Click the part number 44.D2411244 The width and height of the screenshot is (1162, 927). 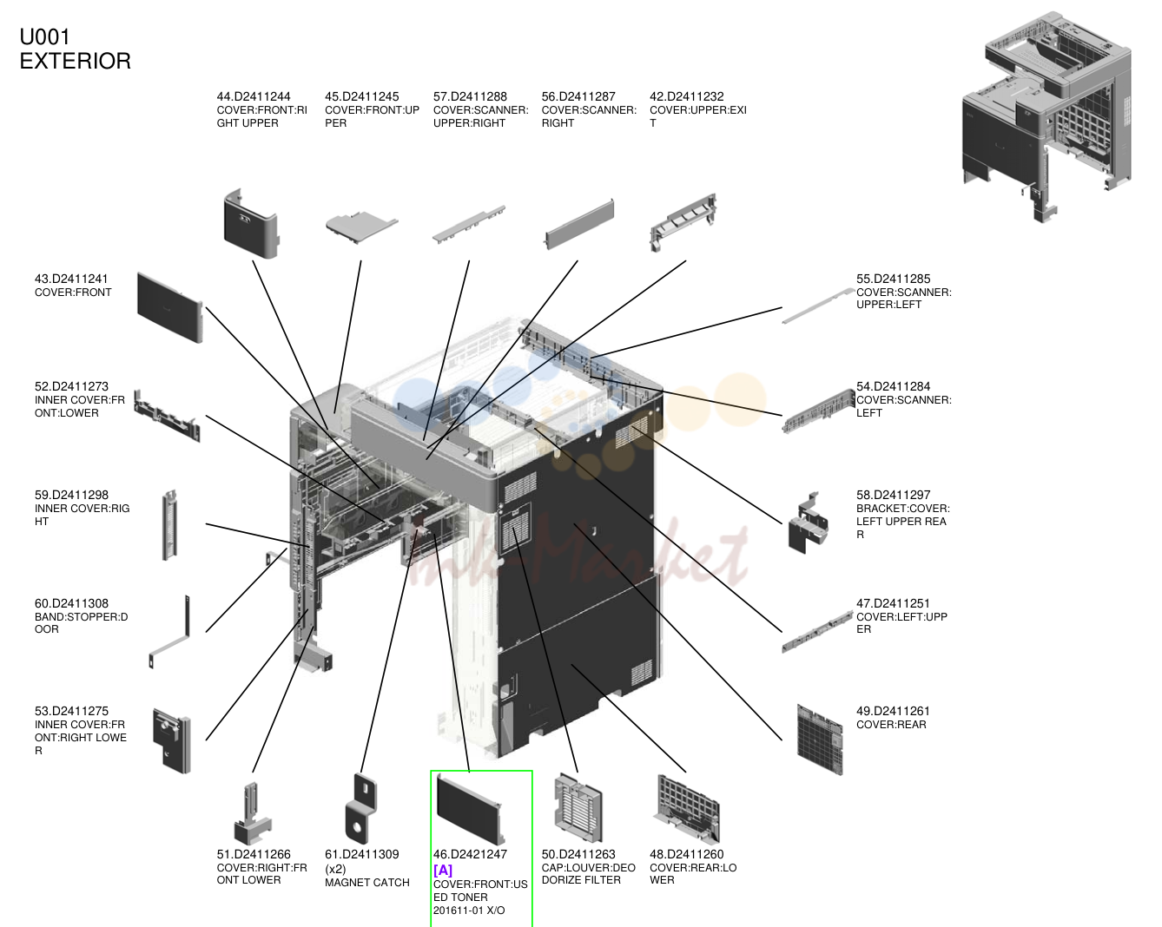click(x=254, y=96)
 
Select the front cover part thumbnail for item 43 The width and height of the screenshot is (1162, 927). click(x=169, y=307)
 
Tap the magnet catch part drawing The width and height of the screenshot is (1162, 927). click(x=360, y=809)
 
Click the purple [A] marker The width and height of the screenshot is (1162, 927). click(x=443, y=870)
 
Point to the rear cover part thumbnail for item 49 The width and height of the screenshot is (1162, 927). click(x=820, y=740)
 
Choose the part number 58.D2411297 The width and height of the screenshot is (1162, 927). click(x=893, y=495)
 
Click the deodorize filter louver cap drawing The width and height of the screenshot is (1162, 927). click(x=578, y=808)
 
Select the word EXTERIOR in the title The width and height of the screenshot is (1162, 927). click(x=75, y=61)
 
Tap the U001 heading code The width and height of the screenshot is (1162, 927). click(x=45, y=37)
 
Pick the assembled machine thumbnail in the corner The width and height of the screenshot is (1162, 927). click(x=1046, y=116)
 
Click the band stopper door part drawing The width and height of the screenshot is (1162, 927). click(x=169, y=632)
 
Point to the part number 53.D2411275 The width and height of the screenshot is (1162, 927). click(x=71, y=711)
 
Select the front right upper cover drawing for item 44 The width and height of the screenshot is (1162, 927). click(x=251, y=223)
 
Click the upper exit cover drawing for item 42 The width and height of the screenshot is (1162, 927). click(x=683, y=222)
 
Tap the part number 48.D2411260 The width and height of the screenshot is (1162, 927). click(x=686, y=854)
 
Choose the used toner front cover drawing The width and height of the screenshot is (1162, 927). click(x=470, y=809)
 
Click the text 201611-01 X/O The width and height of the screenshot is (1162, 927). click(x=469, y=911)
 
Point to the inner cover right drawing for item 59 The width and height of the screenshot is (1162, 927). click(x=169, y=524)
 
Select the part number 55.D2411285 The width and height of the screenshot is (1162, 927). click(x=893, y=279)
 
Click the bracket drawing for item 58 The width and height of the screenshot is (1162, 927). click(x=809, y=523)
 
